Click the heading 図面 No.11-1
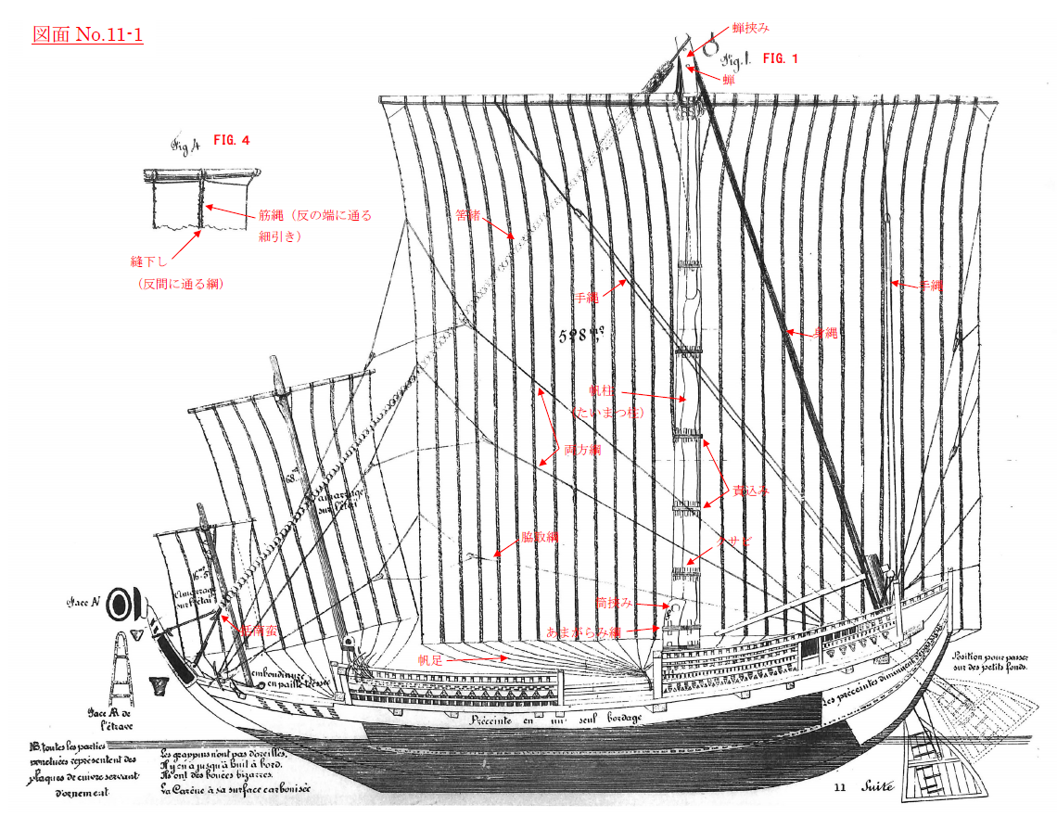(x=88, y=35)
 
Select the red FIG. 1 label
(x=780, y=58)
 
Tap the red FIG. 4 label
(x=231, y=140)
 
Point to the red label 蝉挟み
(x=751, y=29)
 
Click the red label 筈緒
(x=467, y=215)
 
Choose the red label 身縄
(x=824, y=333)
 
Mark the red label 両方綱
(x=583, y=450)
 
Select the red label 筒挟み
(x=614, y=603)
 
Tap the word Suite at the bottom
(x=877, y=787)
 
